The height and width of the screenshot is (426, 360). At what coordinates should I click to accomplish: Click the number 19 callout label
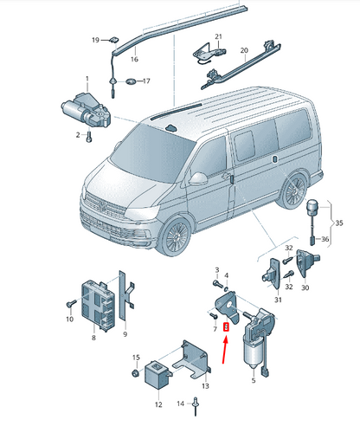click(x=96, y=41)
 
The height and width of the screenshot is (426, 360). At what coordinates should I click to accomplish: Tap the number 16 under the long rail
click(x=134, y=61)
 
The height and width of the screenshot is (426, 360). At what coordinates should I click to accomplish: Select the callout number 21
click(x=218, y=36)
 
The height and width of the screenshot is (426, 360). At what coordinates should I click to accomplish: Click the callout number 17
click(x=146, y=81)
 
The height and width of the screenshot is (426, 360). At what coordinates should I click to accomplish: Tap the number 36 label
click(x=325, y=238)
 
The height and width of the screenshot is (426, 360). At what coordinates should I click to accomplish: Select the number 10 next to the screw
click(x=68, y=319)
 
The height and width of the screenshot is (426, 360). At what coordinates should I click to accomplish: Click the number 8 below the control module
click(x=93, y=339)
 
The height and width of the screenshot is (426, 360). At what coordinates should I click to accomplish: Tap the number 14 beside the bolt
click(x=181, y=403)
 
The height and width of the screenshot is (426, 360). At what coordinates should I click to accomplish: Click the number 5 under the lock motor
click(x=254, y=378)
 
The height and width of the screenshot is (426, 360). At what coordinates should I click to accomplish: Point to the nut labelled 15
click(x=137, y=372)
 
